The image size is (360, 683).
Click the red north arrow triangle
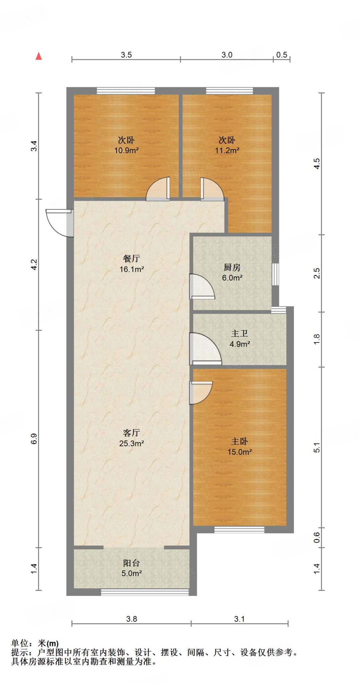tap(39, 56)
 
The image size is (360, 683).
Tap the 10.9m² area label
tap(126, 150)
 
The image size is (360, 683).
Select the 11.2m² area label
tap(227, 150)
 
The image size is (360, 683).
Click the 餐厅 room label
tap(131, 258)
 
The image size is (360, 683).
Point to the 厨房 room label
tap(232, 267)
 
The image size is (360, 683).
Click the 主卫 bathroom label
tap(240, 333)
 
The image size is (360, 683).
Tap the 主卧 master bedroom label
tap(240, 441)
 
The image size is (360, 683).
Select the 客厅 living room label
tap(131, 433)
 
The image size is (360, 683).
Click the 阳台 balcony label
tap(131, 563)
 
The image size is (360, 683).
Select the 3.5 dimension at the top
tap(126, 55)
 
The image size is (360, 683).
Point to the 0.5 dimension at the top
tap(282, 55)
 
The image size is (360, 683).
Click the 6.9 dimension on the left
tap(34, 439)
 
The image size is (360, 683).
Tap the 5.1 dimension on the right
tap(317, 448)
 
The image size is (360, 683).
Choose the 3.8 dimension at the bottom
tap(131, 619)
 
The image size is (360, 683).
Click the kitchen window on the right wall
tap(275, 274)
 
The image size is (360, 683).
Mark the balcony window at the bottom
tap(145, 592)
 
